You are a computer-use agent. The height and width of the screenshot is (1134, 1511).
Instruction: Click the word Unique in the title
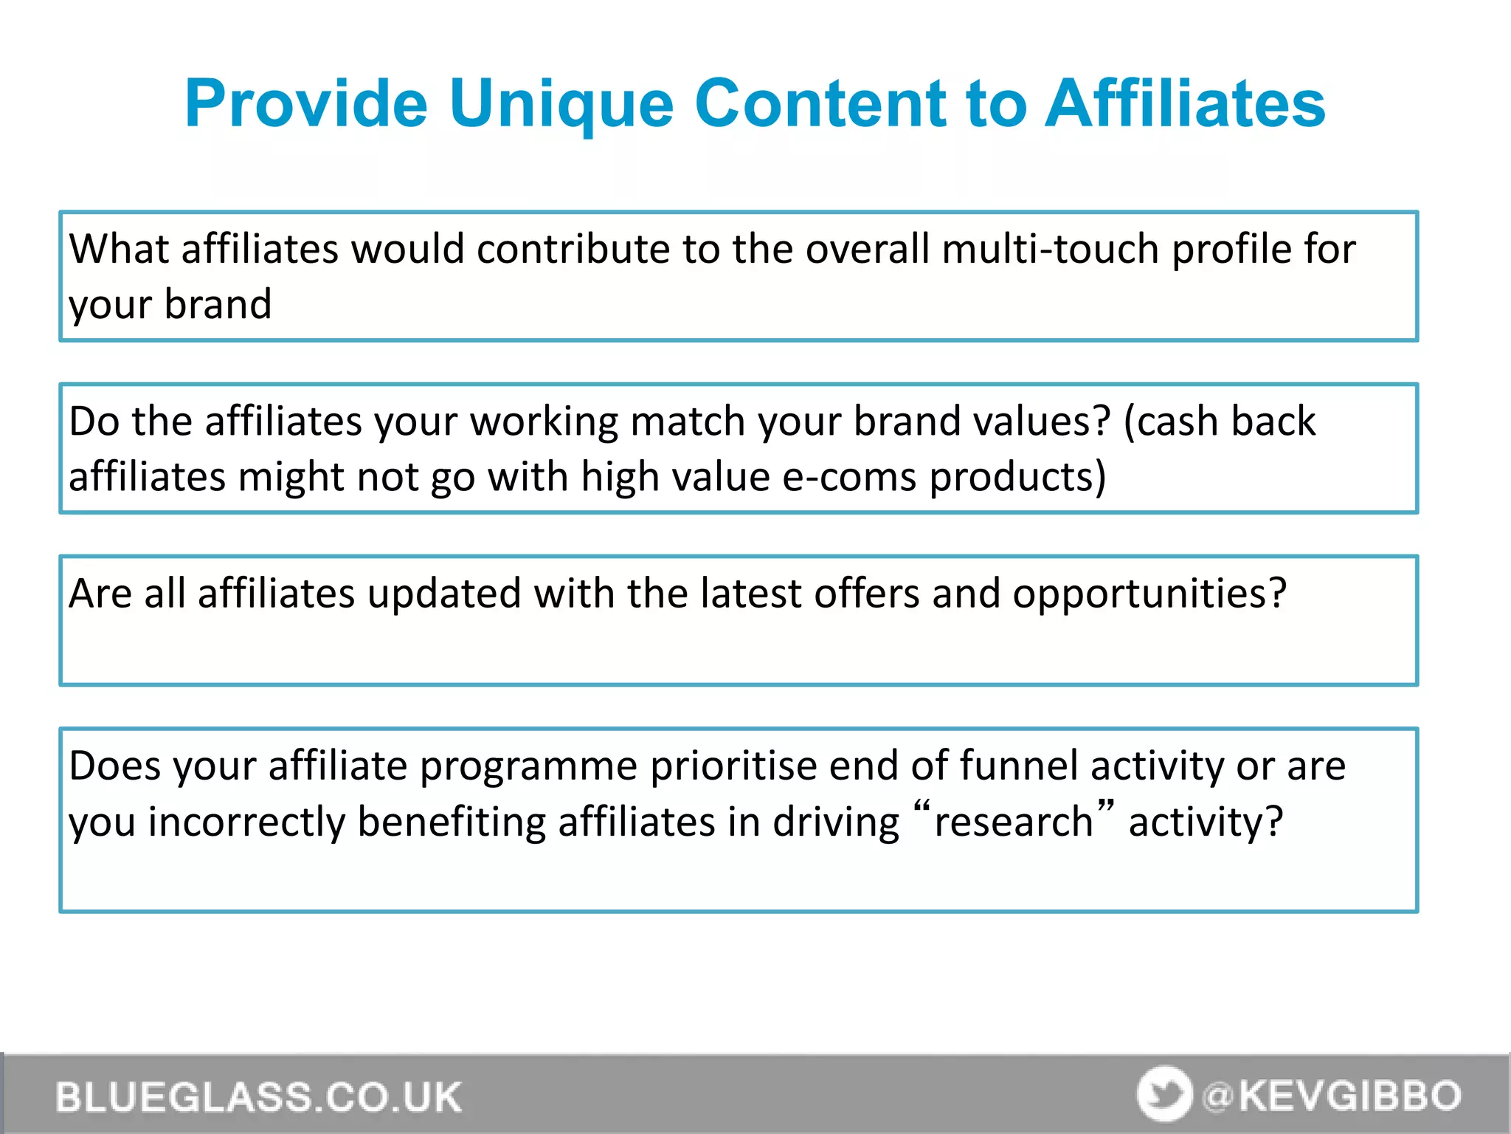pyautogui.click(x=561, y=105)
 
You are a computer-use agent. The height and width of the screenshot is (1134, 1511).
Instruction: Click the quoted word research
pyautogui.click(x=1013, y=822)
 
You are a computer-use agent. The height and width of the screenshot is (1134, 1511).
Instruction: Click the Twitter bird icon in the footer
pyautogui.click(x=1163, y=1093)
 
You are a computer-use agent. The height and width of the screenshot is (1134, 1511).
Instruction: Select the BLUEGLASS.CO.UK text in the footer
pyautogui.click(x=258, y=1097)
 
